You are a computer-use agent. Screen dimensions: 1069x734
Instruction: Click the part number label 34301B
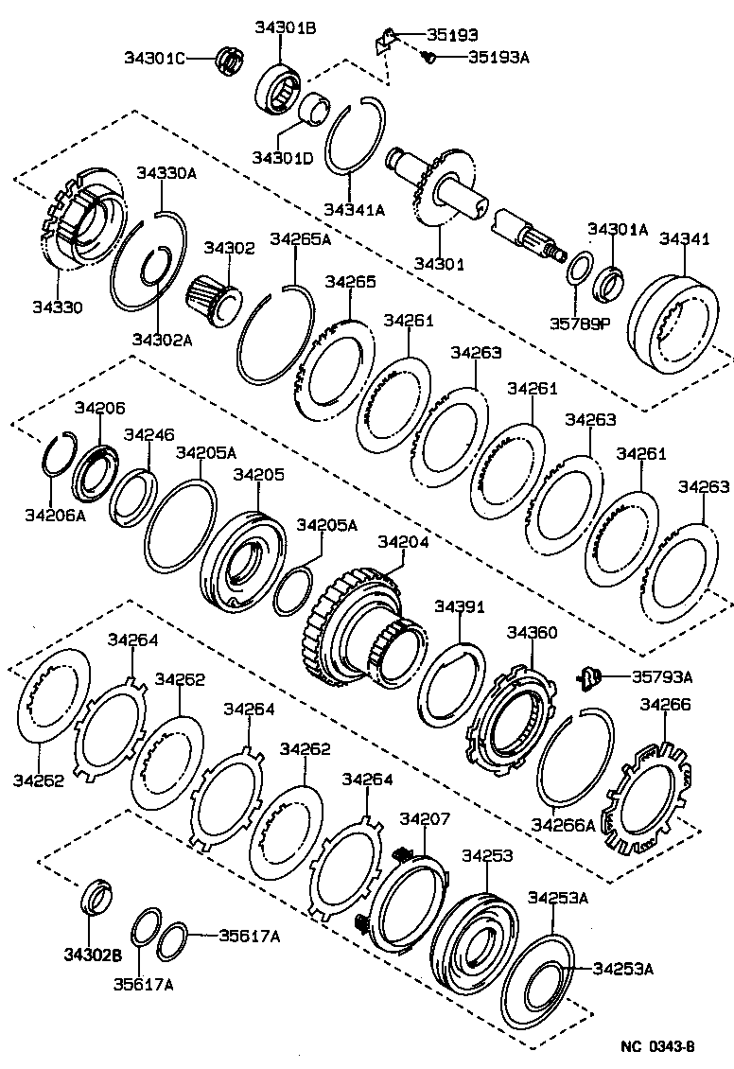click(285, 27)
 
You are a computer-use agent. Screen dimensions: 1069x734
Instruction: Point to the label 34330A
click(166, 173)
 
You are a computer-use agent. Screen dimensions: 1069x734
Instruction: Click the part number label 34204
click(404, 542)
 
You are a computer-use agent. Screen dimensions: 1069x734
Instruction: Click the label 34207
click(425, 819)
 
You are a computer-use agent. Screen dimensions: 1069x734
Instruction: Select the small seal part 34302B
click(97, 896)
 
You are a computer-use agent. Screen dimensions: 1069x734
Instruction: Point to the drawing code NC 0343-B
click(657, 1046)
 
